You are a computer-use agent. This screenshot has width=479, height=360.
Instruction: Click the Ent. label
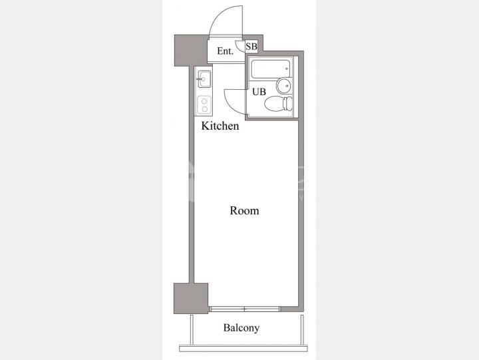[225, 51]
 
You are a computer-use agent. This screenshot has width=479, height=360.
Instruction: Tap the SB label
[251, 47]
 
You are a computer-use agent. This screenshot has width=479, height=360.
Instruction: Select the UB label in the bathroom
[259, 92]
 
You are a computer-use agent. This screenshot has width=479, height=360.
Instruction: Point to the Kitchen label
[220, 126]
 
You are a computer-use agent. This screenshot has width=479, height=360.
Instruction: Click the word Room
[244, 210]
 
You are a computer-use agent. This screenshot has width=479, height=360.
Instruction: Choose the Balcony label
[241, 328]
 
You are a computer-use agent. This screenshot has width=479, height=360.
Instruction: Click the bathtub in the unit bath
[270, 69]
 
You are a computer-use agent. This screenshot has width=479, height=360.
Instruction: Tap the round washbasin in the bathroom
[284, 86]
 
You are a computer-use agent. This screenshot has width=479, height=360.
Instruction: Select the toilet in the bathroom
[278, 104]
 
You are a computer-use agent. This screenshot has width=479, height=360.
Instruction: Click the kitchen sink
[204, 79]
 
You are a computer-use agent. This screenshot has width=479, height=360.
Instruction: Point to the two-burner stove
[204, 105]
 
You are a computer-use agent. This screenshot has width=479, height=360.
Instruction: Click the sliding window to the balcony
[245, 309]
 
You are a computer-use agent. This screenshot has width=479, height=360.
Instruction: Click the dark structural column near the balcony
[191, 298]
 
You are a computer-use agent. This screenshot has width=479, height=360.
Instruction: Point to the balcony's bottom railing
[243, 348]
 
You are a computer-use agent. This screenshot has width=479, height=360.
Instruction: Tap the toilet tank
[288, 104]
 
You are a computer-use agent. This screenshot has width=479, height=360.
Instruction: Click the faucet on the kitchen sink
[202, 79]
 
